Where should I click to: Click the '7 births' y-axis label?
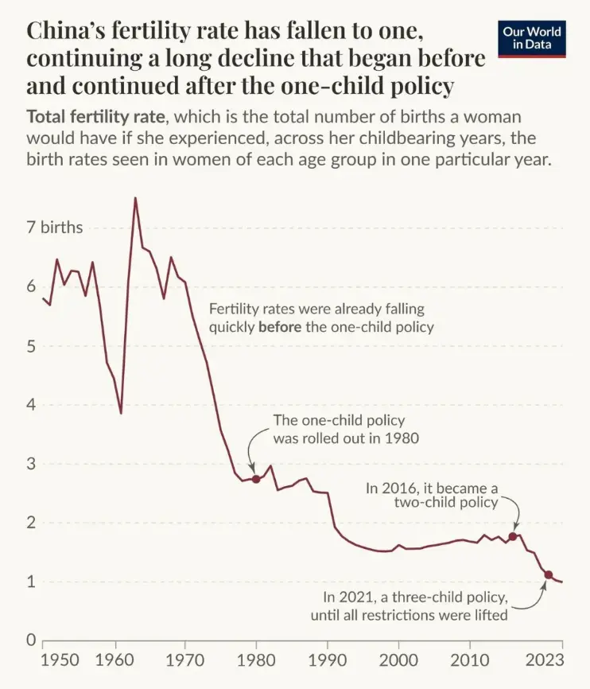(x=55, y=228)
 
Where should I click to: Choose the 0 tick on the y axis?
(x=33, y=640)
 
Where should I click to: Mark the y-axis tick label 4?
(x=33, y=405)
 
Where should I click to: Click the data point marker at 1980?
(x=255, y=479)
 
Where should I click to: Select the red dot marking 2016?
(x=513, y=536)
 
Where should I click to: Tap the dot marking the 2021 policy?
(x=548, y=574)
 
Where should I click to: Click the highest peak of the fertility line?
(x=135, y=198)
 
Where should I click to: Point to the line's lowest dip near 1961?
(x=121, y=413)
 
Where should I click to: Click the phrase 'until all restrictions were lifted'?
(x=409, y=613)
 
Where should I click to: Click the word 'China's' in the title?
(x=72, y=31)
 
